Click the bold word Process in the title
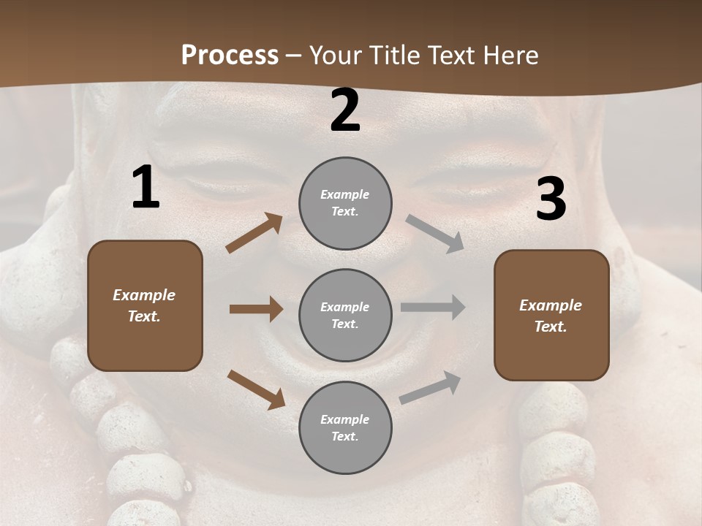[x=230, y=55]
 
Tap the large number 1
[x=146, y=188]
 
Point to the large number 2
[x=345, y=111]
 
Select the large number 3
[x=551, y=199]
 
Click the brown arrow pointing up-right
[x=254, y=233]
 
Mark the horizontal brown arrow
[x=256, y=309]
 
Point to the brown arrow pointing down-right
[x=256, y=389]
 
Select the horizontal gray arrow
[x=433, y=308]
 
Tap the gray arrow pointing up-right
[x=430, y=388]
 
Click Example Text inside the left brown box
[x=144, y=305]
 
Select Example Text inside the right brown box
[x=551, y=316]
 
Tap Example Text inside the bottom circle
[x=345, y=427]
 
